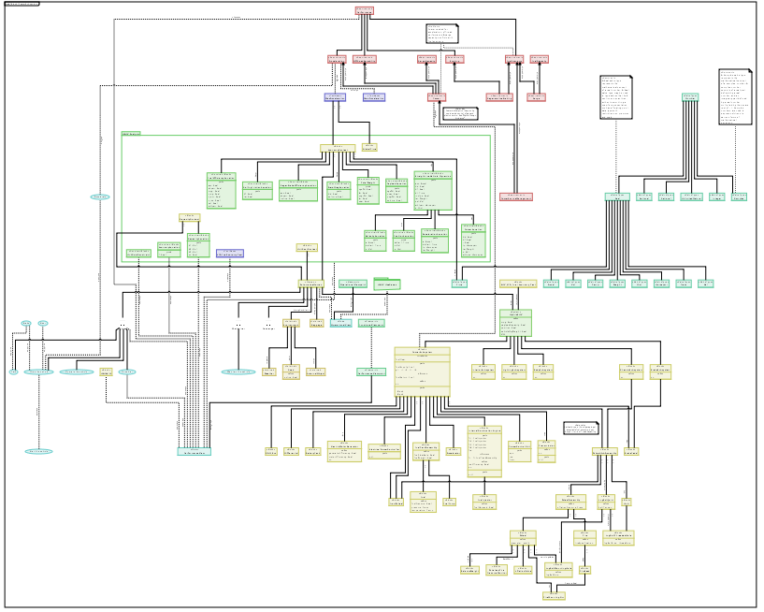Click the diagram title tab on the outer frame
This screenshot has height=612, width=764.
point(22,4)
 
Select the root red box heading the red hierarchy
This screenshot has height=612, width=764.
point(365,11)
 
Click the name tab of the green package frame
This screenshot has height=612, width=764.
point(131,134)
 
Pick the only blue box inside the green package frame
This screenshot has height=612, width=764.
point(230,253)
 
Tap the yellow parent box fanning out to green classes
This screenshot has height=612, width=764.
point(336,148)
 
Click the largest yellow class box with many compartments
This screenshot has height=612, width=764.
point(422,371)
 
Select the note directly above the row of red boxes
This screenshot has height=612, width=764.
point(441,35)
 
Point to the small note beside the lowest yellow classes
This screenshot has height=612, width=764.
point(581,428)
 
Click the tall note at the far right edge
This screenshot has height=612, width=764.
point(734,96)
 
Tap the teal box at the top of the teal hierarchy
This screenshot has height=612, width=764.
point(690,96)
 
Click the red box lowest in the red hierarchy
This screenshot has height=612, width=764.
point(515,197)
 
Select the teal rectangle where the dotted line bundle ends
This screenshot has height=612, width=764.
point(194,452)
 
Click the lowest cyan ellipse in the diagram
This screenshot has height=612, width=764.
point(38,451)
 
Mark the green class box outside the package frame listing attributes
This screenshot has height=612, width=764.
point(514,321)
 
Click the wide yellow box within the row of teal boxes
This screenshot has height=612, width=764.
point(516,283)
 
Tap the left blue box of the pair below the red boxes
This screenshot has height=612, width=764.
point(336,96)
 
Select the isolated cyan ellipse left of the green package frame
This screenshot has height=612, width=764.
point(100,197)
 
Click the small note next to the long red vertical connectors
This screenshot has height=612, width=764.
point(459,113)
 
